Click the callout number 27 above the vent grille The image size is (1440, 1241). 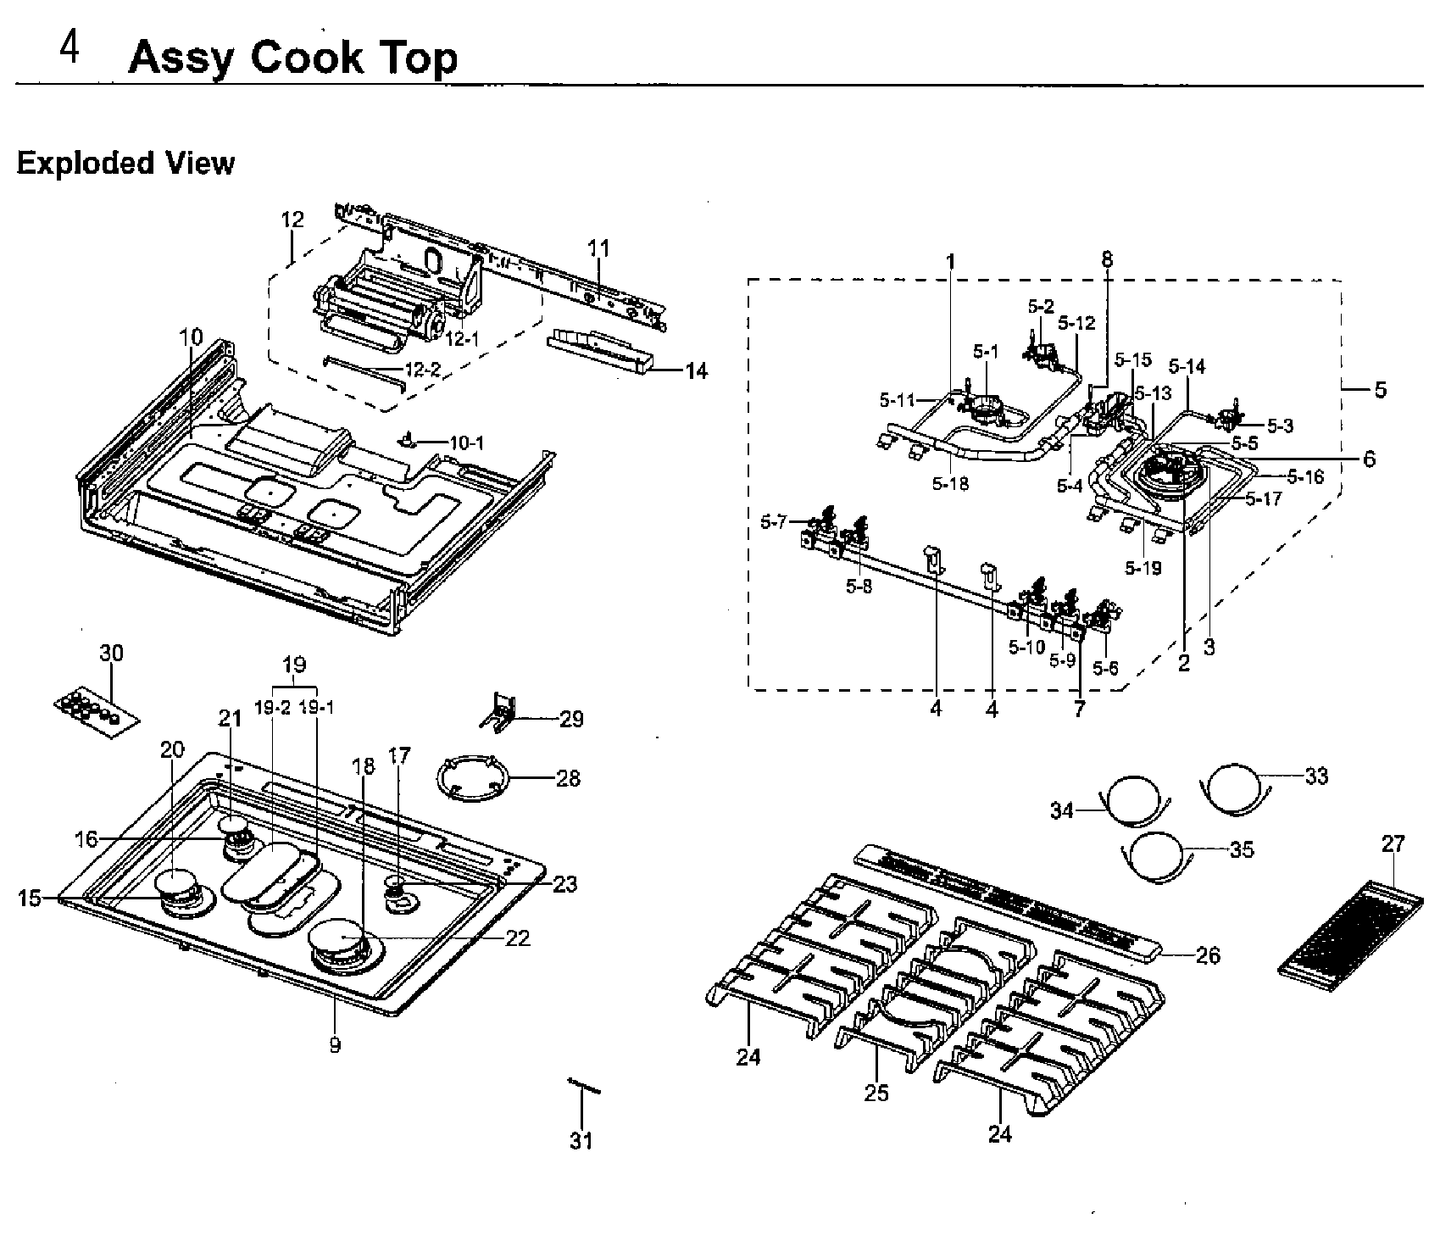coord(1393,844)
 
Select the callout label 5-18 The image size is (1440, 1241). coord(949,484)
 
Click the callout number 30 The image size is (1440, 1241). coord(111,653)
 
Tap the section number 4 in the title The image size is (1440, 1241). coord(70,50)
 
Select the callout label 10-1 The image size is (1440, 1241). coord(466,442)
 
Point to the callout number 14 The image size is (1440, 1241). coord(696,370)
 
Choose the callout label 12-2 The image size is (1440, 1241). coord(423,370)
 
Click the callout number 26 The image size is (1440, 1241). coord(1207,955)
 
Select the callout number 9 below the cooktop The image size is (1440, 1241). coord(335,1045)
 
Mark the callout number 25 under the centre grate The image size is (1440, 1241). coord(876,1093)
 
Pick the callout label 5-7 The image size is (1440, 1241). coord(773,522)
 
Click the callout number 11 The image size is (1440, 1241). coord(598,248)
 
